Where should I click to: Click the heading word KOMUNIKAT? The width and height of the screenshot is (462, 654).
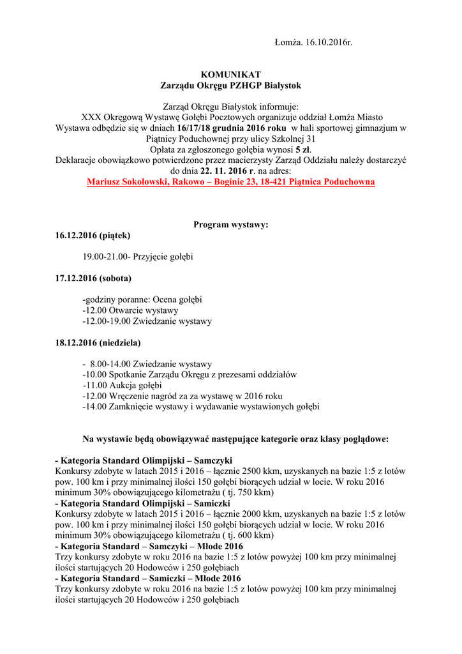[230, 75]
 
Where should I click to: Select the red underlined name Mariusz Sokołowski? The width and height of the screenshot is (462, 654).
[126, 182]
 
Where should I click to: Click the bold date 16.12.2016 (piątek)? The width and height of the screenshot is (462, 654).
[93, 236]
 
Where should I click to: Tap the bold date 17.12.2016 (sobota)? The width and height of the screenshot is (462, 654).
[94, 278]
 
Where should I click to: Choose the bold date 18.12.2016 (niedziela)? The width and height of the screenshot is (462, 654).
[98, 342]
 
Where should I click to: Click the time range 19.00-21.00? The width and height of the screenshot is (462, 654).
[105, 257]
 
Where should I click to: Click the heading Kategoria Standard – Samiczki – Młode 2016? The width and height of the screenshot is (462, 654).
[149, 579]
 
